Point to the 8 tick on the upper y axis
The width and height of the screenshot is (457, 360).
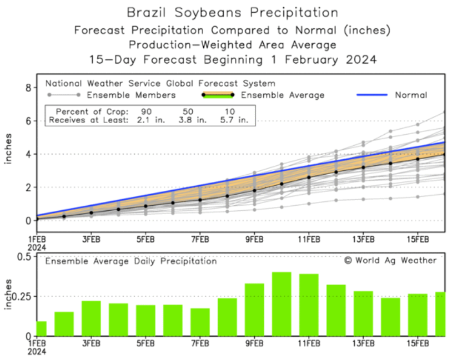coord(27,87)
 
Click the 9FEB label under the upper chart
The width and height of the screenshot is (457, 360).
coord(254,239)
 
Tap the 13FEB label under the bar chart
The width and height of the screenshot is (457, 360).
coord(363,343)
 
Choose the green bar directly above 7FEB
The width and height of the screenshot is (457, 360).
coord(200,322)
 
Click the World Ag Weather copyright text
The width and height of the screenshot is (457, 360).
coord(390,260)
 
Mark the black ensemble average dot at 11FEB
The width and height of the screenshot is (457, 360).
coord(309,178)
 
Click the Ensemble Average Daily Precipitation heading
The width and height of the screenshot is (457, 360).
coord(131,261)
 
